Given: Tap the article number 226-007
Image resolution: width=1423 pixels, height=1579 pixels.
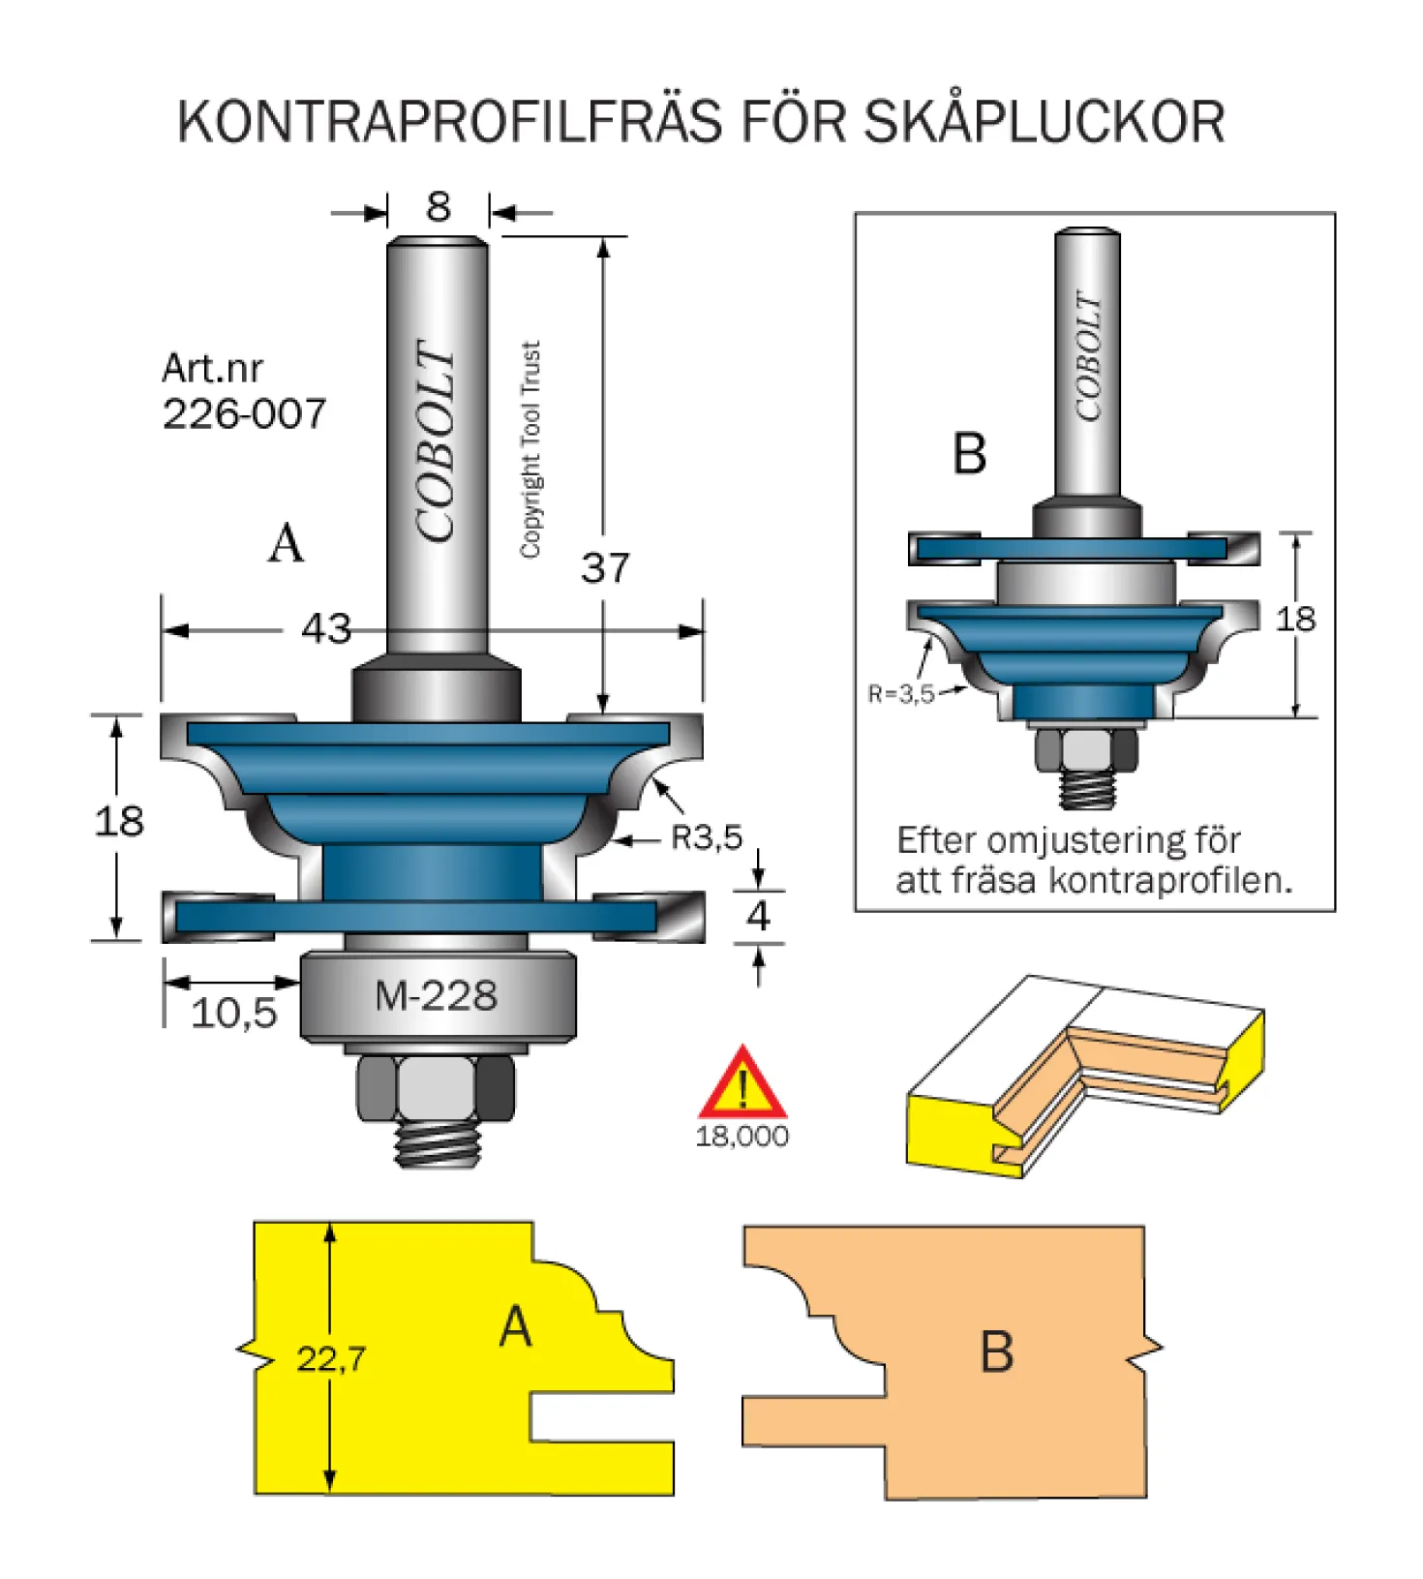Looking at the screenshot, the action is point(244,414).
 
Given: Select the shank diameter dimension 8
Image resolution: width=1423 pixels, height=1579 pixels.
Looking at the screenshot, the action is point(439,206).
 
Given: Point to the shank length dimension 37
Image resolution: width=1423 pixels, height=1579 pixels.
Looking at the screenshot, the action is point(605,567).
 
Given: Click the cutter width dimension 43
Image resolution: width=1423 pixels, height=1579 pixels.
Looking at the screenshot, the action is point(326,629).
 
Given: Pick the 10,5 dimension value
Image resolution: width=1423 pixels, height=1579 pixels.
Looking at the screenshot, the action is point(234,1014).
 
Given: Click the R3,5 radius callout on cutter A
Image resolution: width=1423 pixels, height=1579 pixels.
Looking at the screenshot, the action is point(707,836).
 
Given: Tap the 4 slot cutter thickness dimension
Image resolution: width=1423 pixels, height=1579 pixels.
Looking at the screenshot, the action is point(758,916).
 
